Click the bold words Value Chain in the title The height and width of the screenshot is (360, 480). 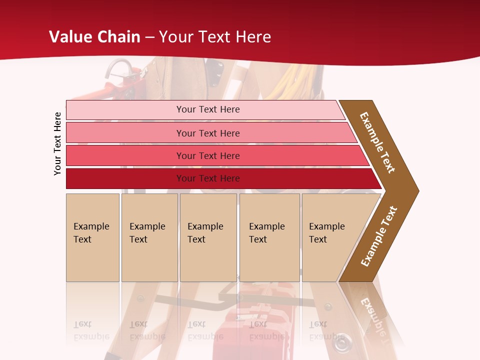94,37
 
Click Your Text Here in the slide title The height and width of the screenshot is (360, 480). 215,37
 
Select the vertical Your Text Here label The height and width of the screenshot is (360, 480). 57,143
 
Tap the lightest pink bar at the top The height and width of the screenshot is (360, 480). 207,109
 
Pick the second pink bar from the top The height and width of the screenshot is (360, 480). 207,133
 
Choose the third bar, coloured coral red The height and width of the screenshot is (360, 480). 207,155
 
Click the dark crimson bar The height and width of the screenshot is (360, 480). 207,178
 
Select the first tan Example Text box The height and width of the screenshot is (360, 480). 92,237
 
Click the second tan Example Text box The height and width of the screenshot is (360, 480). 149,237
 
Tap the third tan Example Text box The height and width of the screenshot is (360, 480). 207,237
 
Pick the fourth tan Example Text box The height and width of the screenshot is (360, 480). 269,237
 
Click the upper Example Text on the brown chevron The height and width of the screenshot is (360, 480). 377,142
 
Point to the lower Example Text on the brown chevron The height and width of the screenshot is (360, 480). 379,236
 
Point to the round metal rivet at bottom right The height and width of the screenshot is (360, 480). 340,343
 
